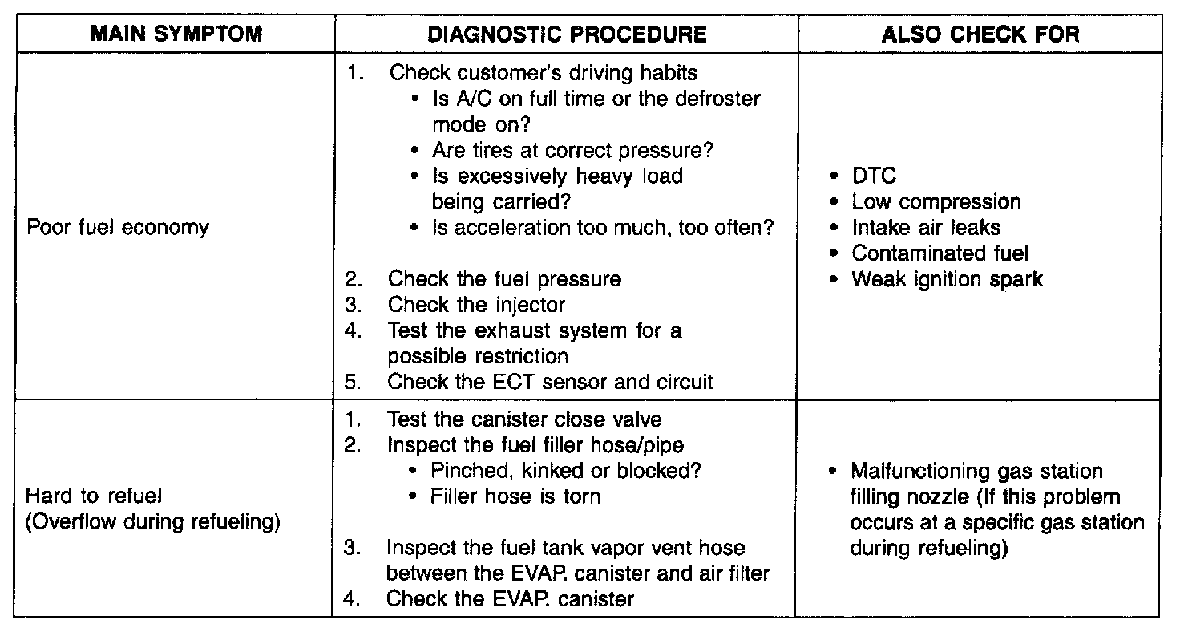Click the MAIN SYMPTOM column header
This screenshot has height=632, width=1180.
[x=176, y=34]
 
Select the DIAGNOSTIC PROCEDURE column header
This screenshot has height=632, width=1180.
[x=567, y=34]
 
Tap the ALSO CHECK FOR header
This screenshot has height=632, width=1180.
[x=980, y=34]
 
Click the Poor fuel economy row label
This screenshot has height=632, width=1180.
[x=118, y=228]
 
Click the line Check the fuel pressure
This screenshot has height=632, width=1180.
[x=504, y=279]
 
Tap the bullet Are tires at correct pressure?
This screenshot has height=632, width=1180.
[x=572, y=151]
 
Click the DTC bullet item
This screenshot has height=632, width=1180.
[x=873, y=176]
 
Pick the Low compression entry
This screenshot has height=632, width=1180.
[x=936, y=202]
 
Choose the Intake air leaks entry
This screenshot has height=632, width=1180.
[x=926, y=228]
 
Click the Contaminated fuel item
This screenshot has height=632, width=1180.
[x=940, y=253]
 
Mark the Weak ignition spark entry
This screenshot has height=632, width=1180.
[x=947, y=279]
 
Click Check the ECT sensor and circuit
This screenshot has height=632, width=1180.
[x=550, y=382]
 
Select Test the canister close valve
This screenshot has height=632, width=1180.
[x=524, y=419]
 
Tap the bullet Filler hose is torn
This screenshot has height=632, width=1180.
[x=515, y=496]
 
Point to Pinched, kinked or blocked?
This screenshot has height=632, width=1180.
[x=571, y=471]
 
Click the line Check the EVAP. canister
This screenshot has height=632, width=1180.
[x=510, y=599]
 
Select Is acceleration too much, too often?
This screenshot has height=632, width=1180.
[x=603, y=228]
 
